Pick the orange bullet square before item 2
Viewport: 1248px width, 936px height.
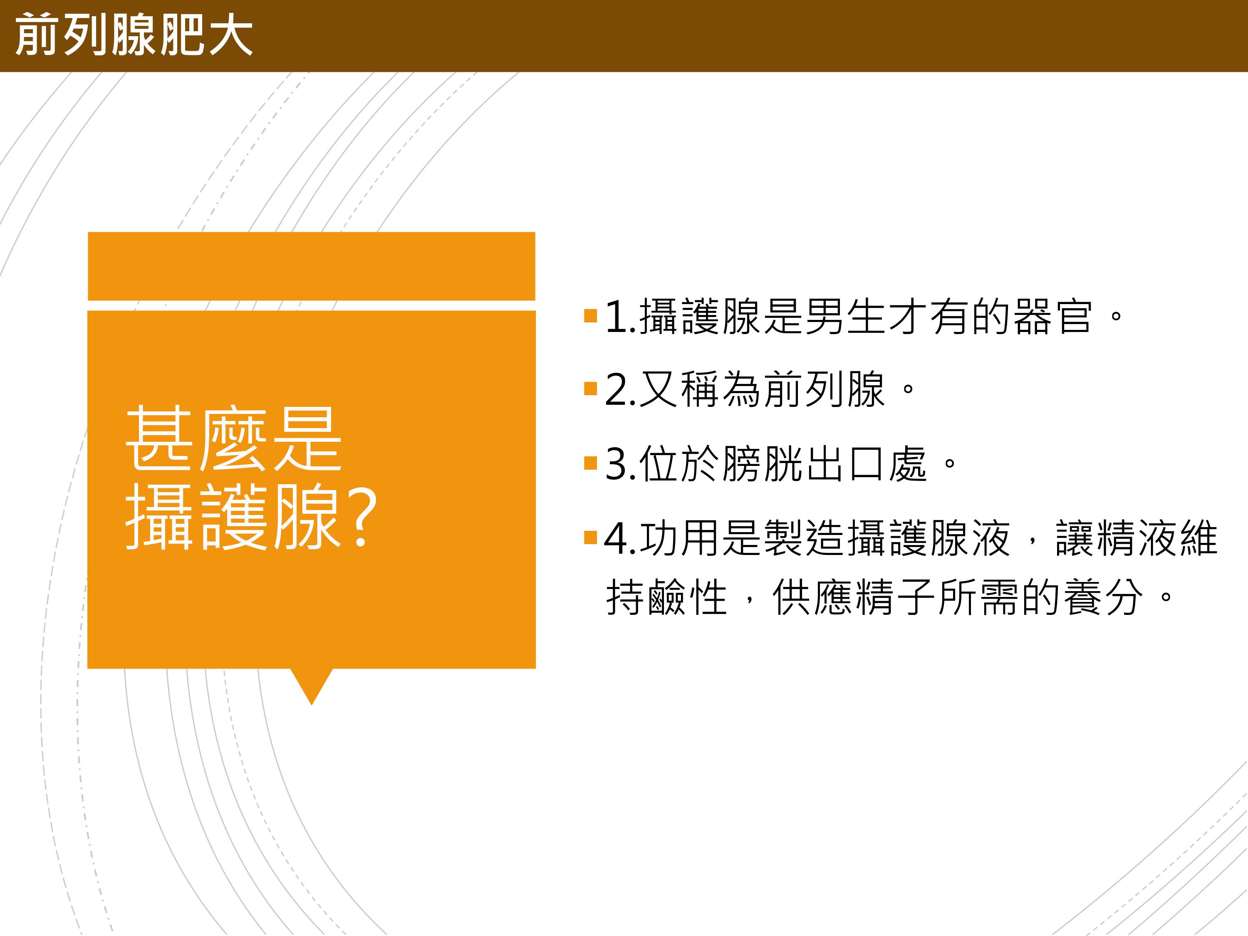pos(591,389)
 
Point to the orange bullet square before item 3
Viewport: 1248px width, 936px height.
pos(591,463)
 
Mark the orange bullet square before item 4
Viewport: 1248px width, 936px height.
pos(591,537)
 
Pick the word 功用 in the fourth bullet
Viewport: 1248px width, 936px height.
pos(679,537)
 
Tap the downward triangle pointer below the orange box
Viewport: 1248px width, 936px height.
pos(312,684)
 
